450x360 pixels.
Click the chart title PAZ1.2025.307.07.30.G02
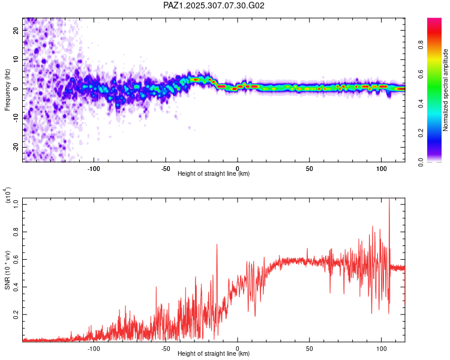(214, 5)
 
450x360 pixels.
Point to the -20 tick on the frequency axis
(15, 148)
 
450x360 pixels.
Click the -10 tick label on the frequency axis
(15, 118)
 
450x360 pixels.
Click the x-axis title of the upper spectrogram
(214, 174)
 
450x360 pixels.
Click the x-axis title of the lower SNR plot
(214, 354)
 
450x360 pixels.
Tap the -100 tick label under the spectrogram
(94, 168)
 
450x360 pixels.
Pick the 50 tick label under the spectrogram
(309, 168)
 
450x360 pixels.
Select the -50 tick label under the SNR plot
(166, 348)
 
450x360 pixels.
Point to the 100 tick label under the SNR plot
(381, 348)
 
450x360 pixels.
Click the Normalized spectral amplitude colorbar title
(445, 90)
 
